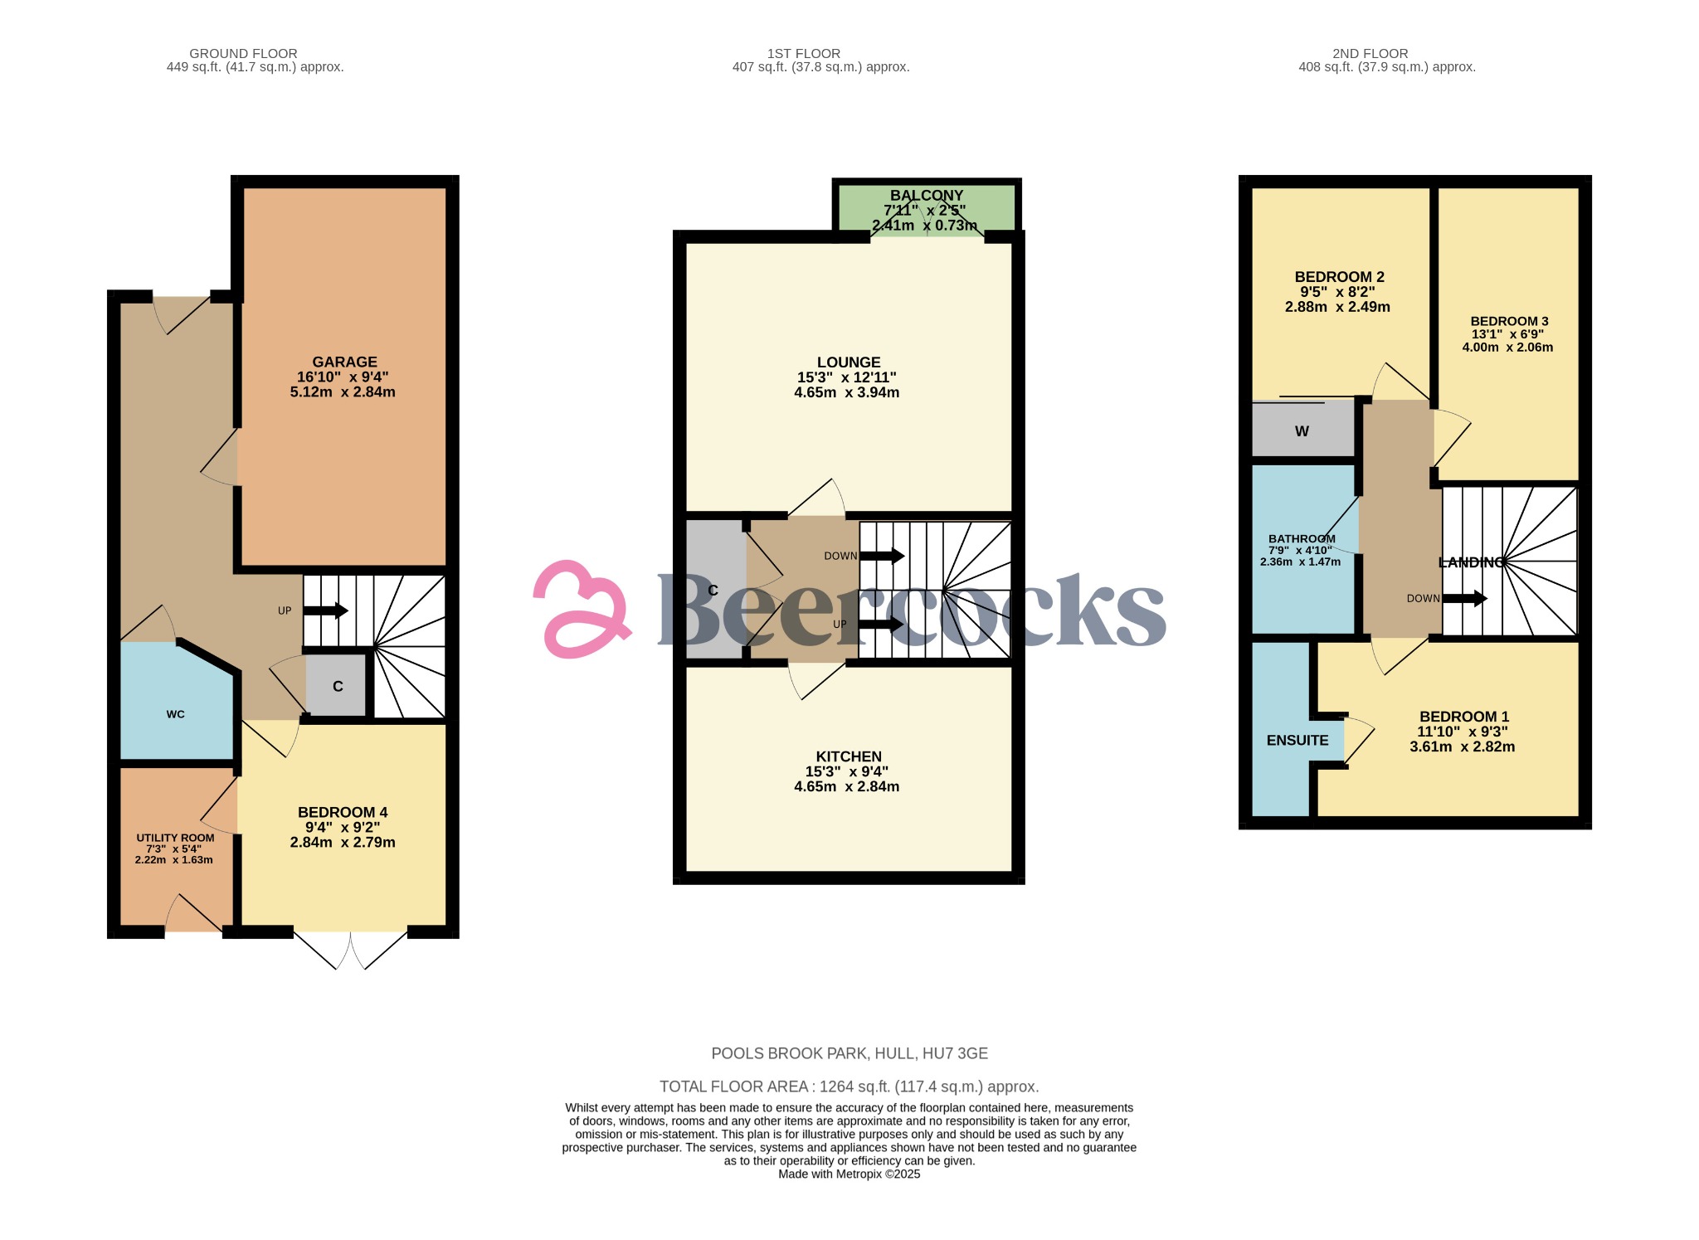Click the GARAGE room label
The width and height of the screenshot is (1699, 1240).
pyautogui.click(x=344, y=362)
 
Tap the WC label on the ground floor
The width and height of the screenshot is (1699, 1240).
pyautogui.click(x=175, y=714)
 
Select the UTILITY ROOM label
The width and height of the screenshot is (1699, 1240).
pyautogui.click(x=175, y=838)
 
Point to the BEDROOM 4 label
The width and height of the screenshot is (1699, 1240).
pyautogui.click(x=343, y=813)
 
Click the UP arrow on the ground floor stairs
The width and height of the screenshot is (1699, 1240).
pyautogui.click(x=325, y=611)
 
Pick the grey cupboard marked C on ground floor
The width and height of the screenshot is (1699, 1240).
pyautogui.click(x=337, y=686)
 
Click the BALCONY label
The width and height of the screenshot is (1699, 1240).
pyautogui.click(x=927, y=196)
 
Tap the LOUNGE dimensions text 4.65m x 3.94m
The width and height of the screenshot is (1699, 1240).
pyautogui.click(x=846, y=392)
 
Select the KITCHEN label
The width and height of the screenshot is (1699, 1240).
pyautogui.click(x=849, y=756)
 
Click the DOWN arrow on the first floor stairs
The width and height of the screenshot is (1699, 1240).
pyautogui.click(x=882, y=556)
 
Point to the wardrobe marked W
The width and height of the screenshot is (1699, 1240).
pyautogui.click(x=1302, y=430)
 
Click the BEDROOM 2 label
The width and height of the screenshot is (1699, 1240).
pyautogui.click(x=1339, y=277)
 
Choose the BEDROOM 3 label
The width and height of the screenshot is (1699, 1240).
pyautogui.click(x=1509, y=321)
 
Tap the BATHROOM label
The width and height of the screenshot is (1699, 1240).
pyautogui.click(x=1302, y=539)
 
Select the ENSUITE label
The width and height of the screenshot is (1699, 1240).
pyautogui.click(x=1297, y=741)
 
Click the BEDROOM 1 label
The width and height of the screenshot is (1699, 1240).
pyautogui.click(x=1464, y=717)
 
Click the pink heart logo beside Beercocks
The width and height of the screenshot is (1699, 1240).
pyautogui.click(x=580, y=610)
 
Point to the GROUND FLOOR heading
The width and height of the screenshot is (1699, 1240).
pyautogui.click(x=243, y=54)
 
